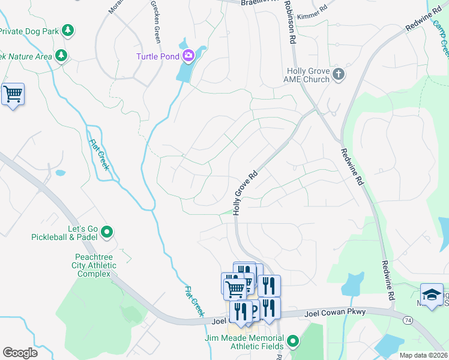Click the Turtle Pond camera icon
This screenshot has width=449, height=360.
tap(188, 56)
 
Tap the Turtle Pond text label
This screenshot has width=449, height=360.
tap(157, 56)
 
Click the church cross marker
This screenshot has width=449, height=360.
tap(339, 74)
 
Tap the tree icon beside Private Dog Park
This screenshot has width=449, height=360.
tap(68, 29)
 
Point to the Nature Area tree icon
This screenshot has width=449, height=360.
tap(60, 56)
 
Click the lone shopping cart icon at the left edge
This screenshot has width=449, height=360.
tap(13, 94)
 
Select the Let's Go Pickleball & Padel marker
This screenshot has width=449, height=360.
tap(107, 231)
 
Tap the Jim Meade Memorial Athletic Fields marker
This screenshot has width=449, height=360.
tap(293, 342)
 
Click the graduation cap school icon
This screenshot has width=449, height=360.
tap(432, 295)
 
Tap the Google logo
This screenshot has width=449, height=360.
tap(20, 353)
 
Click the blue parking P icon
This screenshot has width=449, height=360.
tap(254, 310)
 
